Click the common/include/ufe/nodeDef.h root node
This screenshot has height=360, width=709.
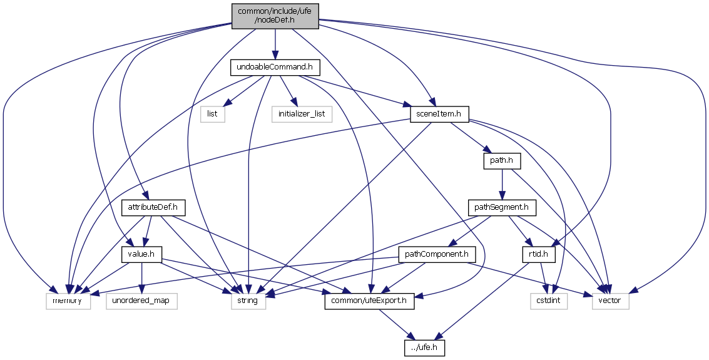[x=275, y=16]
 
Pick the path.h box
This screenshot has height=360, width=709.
[x=502, y=161]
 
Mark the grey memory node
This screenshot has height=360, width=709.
[x=68, y=301]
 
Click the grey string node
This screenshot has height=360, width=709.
[x=248, y=301]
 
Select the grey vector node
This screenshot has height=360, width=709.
[x=610, y=301]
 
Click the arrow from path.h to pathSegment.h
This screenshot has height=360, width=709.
[x=502, y=183]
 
